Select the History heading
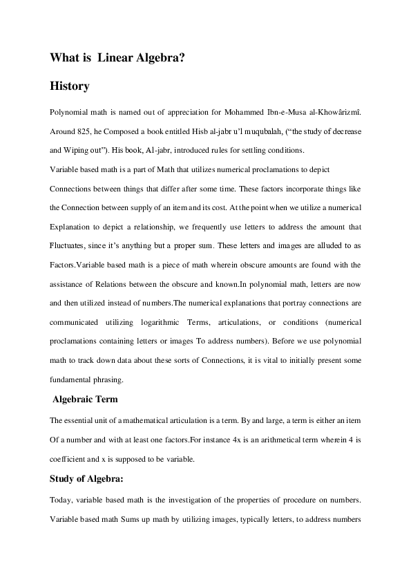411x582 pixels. click(x=70, y=87)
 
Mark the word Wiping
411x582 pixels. click(x=74, y=150)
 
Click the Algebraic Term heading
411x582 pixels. click(x=86, y=400)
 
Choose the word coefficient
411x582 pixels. click(x=70, y=458)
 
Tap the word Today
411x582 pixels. click(x=62, y=500)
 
